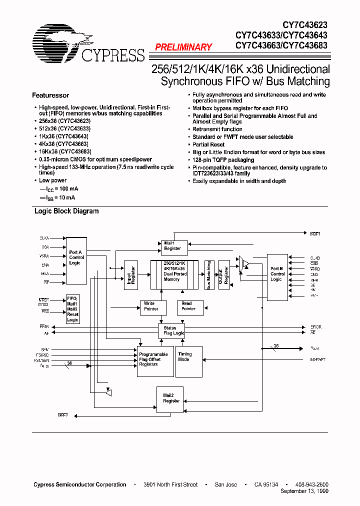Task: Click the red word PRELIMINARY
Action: click(183, 47)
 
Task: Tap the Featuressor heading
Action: click(50, 95)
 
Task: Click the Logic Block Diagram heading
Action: click(66, 211)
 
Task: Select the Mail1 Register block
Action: click(173, 245)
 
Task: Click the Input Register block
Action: click(130, 274)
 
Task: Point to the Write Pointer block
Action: click(151, 306)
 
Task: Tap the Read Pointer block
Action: click(188, 306)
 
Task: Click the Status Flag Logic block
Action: click(171, 330)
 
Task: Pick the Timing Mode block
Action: click(188, 360)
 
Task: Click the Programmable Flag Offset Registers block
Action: click(155, 360)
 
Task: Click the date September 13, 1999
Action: click(304, 491)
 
